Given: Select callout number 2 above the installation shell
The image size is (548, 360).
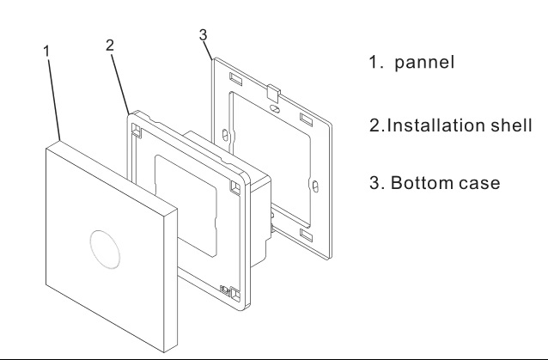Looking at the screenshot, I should tap(110, 46).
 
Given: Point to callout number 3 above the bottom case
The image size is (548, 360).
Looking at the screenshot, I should tap(203, 34).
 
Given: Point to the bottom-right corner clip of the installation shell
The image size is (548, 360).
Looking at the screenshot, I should tap(226, 290).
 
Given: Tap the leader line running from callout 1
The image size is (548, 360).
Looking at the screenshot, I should tap(54, 95).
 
